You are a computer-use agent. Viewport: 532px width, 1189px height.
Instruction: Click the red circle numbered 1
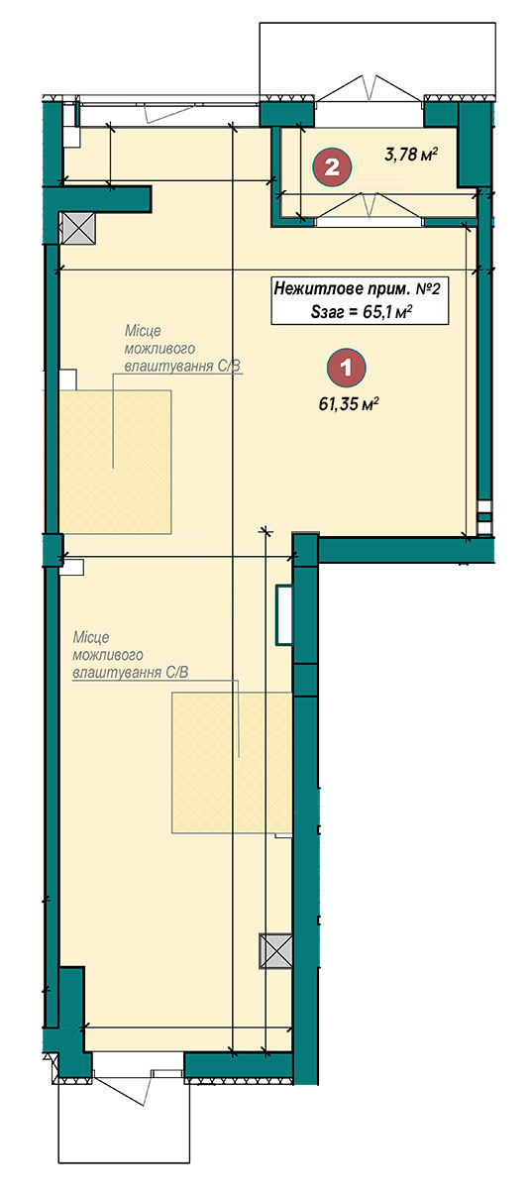pyautogui.click(x=346, y=367)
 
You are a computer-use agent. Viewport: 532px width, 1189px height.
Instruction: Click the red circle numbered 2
pyautogui.click(x=332, y=167)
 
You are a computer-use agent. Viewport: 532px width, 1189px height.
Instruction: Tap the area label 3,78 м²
pyautogui.click(x=411, y=155)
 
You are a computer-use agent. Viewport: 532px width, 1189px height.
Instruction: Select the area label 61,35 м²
pyautogui.click(x=349, y=405)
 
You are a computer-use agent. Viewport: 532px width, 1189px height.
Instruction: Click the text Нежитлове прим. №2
pyautogui.click(x=358, y=289)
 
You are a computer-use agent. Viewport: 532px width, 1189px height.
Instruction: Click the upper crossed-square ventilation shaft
pyautogui.click(x=78, y=228)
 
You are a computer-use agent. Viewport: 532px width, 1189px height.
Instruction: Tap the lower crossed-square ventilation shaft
pyautogui.click(x=275, y=951)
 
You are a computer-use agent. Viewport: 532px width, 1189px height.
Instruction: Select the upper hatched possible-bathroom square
pyautogui.click(x=115, y=462)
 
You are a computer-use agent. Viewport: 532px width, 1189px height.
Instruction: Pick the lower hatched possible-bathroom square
pyautogui.click(x=232, y=762)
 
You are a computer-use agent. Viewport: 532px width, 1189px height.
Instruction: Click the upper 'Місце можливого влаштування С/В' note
pyautogui.click(x=184, y=349)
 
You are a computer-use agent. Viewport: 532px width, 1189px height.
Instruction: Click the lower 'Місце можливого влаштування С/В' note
pyautogui.click(x=131, y=655)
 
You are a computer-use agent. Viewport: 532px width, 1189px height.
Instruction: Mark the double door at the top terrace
pyautogui.click(x=371, y=88)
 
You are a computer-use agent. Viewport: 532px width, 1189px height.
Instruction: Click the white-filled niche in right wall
pyautogui.click(x=284, y=614)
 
